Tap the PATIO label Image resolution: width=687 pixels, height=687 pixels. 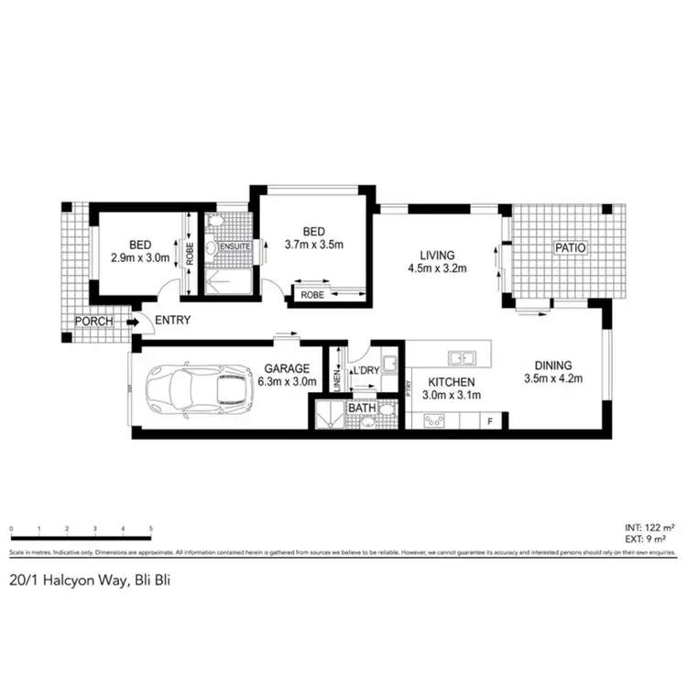(x=570, y=248)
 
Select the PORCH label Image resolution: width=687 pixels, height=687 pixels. (x=94, y=322)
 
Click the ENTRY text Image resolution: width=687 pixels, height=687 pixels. (x=174, y=321)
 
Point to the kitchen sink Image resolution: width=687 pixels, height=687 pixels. (x=461, y=357)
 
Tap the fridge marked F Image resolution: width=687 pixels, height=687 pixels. (x=491, y=420)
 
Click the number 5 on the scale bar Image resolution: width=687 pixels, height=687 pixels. (x=151, y=529)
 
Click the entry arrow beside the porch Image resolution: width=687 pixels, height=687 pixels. (x=134, y=322)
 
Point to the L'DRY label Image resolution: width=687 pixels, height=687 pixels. (x=368, y=369)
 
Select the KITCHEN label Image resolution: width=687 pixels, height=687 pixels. (x=451, y=382)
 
